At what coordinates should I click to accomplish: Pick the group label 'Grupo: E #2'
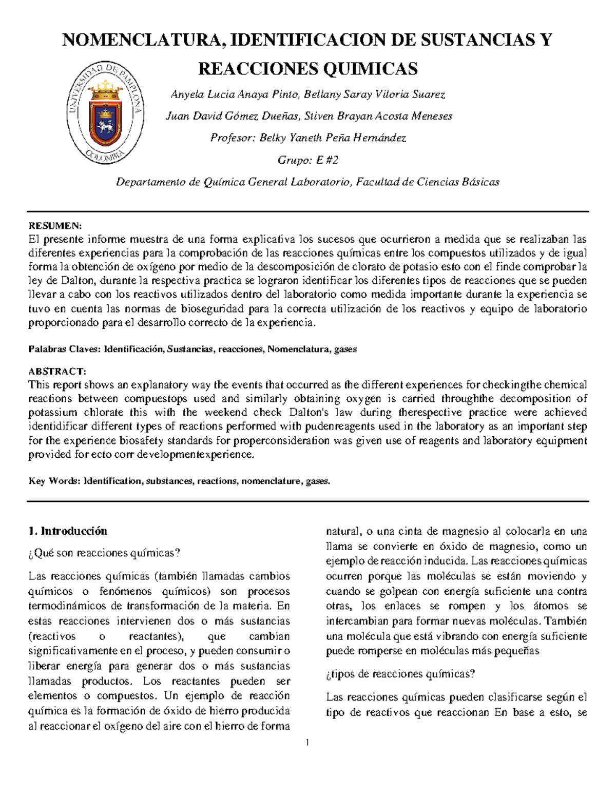(308, 160)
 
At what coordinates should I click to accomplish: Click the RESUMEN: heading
(55, 226)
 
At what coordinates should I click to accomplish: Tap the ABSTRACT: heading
(57, 371)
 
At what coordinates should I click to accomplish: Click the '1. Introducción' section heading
(68, 531)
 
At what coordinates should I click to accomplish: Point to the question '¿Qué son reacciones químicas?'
(104, 553)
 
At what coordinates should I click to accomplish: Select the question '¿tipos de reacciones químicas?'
(400, 674)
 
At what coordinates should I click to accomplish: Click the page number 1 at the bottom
(307, 742)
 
